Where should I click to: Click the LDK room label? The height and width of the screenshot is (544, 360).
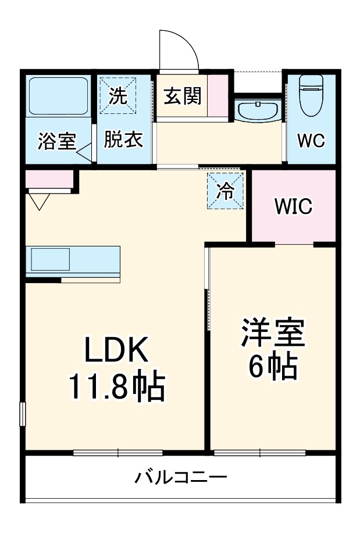click(x=118, y=351)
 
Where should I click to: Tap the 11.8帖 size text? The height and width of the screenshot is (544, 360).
click(x=118, y=386)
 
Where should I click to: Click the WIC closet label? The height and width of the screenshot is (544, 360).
click(x=294, y=206)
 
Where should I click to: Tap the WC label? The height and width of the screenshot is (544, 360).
click(x=311, y=141)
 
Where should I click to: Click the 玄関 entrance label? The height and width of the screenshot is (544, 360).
click(x=181, y=96)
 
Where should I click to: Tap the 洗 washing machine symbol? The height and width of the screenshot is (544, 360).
click(x=119, y=96)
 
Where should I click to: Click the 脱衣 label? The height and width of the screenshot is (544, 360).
click(x=123, y=140)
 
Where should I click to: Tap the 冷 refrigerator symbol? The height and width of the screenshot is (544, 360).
click(x=225, y=191)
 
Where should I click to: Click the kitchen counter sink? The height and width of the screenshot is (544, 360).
click(x=51, y=259)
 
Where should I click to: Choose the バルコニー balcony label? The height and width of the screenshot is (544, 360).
click(x=181, y=478)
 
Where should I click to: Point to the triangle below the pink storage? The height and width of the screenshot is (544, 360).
click(x=40, y=201)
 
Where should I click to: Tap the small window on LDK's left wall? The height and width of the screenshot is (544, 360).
click(x=22, y=414)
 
